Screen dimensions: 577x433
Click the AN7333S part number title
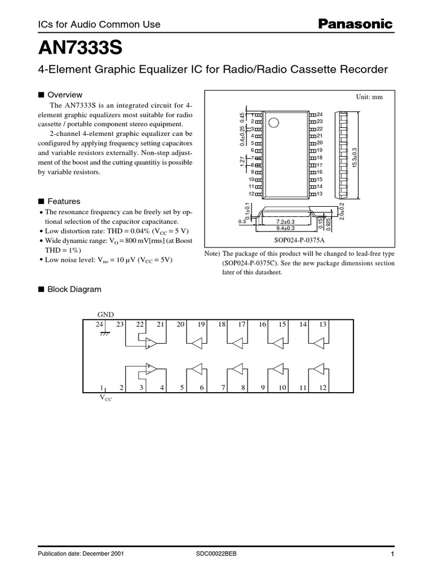[x=80, y=49]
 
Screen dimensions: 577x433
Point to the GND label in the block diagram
[x=105, y=314]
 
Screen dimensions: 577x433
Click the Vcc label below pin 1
[x=105, y=398]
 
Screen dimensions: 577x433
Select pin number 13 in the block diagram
[x=324, y=324]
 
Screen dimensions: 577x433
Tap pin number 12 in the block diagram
[x=323, y=388]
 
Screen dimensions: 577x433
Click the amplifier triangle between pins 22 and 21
[x=151, y=344]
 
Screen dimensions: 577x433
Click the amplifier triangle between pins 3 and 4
[x=151, y=369]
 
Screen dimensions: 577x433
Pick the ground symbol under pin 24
[x=104, y=334]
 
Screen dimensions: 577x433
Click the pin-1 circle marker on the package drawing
[x=273, y=122]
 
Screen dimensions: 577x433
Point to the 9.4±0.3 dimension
[x=286, y=228]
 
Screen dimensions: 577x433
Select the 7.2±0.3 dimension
[x=285, y=221]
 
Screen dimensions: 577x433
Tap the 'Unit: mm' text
[x=369, y=97]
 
